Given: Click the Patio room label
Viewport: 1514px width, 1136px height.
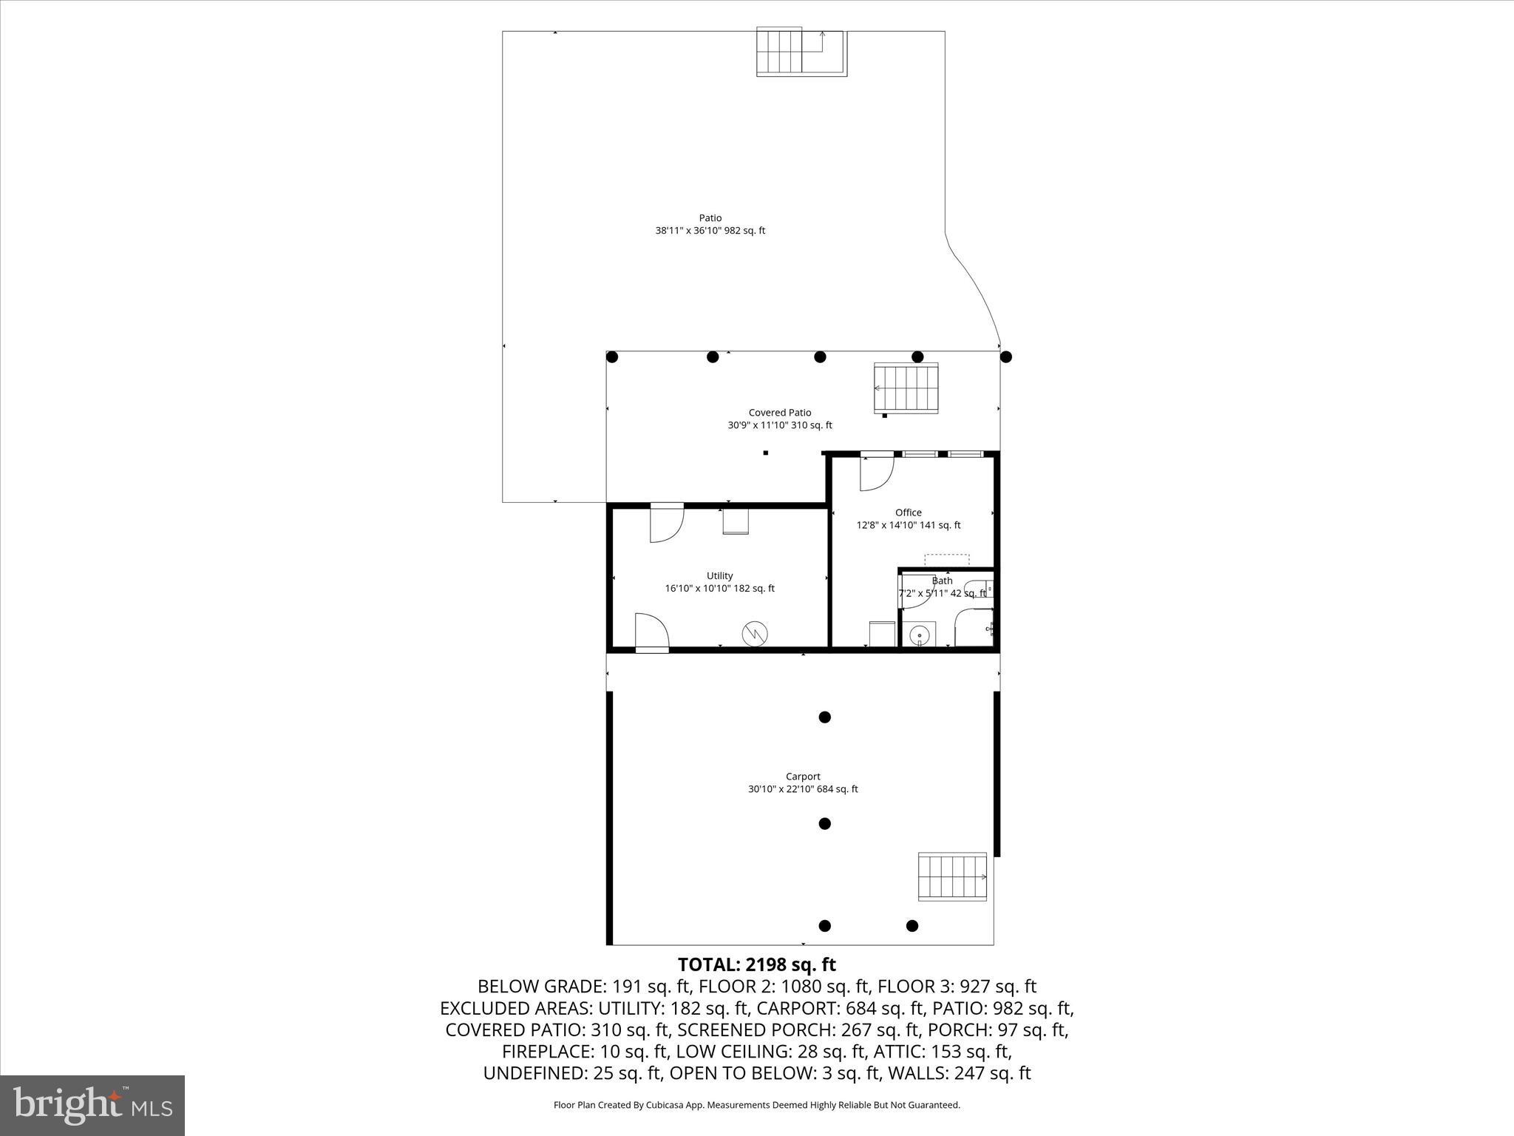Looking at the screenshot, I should pos(710,218).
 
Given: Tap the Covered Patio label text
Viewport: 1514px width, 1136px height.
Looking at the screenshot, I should pos(779,413).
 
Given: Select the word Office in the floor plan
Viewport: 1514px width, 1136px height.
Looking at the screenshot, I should pos(908,513).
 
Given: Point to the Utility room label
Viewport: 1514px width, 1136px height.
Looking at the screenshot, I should pos(719,576).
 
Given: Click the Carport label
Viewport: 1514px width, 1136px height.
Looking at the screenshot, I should pos(803,777).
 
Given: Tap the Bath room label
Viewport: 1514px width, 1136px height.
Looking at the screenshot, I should pos(942,581).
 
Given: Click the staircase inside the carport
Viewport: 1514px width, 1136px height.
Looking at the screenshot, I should pos(952,876).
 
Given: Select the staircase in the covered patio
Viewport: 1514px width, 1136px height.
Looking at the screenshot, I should pos(906,388).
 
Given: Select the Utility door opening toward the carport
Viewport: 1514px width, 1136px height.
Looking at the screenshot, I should pos(651,632).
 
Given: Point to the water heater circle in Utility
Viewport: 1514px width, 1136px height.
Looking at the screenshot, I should pos(755,633).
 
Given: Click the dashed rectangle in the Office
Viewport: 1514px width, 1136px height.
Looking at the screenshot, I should pos(946,560).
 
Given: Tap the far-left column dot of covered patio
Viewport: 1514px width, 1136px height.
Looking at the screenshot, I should pos(612,357).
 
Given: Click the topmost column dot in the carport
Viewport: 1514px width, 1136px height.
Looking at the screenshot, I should pos(825,717).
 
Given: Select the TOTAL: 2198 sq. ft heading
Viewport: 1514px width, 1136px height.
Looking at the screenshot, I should pos(756,965).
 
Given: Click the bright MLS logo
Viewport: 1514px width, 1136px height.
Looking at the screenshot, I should pos(92,1105).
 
